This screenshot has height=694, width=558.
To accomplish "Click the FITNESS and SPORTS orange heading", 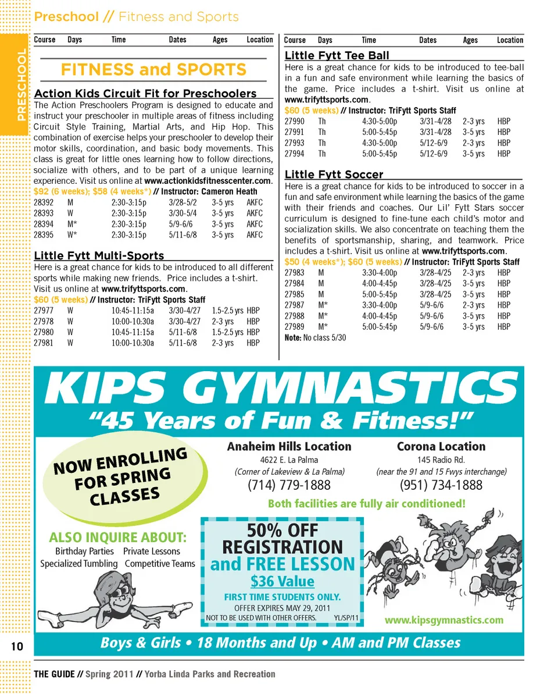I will (x=153, y=70).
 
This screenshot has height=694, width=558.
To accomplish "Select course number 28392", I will (x=44, y=202).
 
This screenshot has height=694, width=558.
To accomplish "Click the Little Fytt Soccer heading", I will (x=334, y=175).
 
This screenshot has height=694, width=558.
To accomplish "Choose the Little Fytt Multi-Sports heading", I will (x=99, y=256).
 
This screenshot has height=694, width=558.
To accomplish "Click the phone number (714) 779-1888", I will (x=289, y=485).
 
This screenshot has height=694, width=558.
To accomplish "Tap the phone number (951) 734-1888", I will (x=441, y=485).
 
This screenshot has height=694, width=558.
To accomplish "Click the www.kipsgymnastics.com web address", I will (x=444, y=620).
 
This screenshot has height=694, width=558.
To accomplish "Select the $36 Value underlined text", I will (x=282, y=581).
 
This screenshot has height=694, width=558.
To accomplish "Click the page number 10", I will (x=16, y=646).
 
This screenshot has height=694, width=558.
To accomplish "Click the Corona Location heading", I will (x=441, y=447).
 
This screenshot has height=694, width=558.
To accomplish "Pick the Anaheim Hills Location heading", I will (x=289, y=447).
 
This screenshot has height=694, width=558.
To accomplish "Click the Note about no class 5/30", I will (x=315, y=337).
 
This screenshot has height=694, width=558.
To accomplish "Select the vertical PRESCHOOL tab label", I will (x=21, y=85).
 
